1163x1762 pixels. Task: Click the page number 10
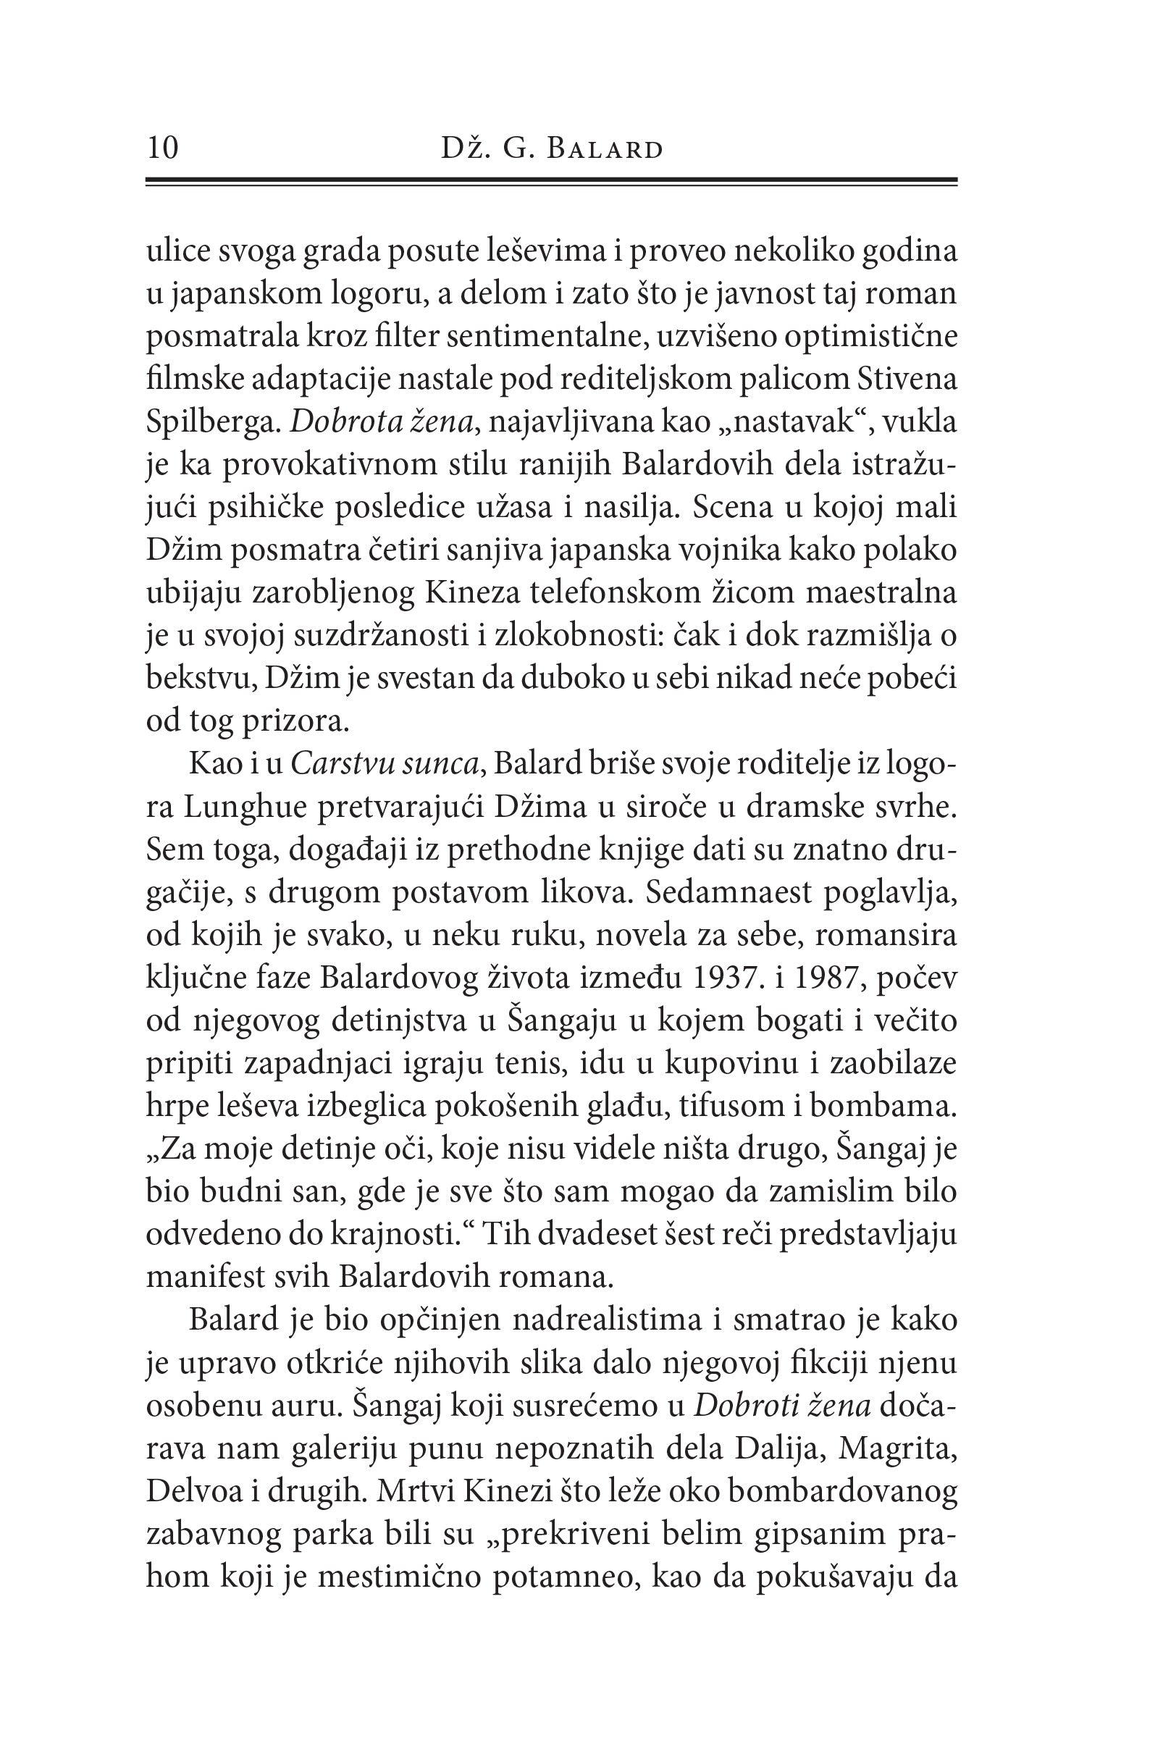[x=162, y=148]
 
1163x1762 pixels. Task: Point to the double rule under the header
[x=551, y=181]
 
